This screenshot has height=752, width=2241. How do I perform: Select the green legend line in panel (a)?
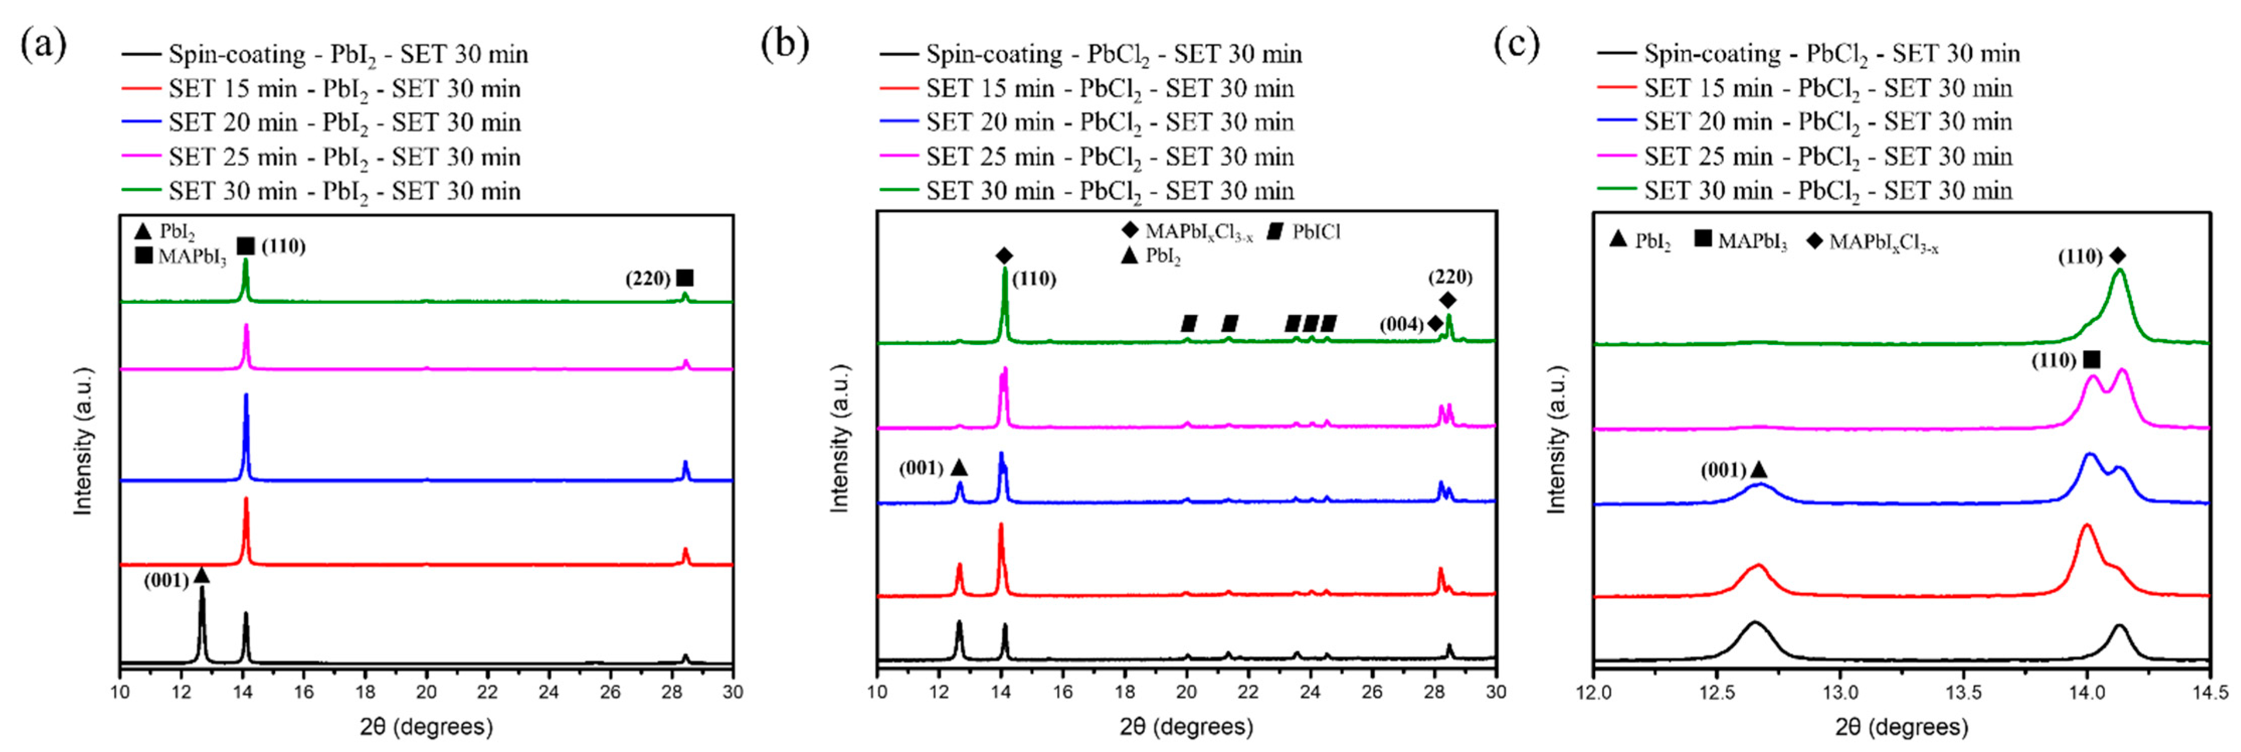pyautogui.click(x=140, y=190)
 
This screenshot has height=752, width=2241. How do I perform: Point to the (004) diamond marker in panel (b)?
pyautogui.click(x=1434, y=324)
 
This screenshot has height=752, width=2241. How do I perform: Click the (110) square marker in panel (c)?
pyautogui.click(x=2091, y=360)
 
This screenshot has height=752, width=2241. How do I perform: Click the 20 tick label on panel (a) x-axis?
pyautogui.click(x=426, y=693)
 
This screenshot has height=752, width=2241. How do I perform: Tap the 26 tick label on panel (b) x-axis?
pyautogui.click(x=1372, y=693)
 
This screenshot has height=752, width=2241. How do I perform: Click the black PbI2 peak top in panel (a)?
pyautogui.click(x=202, y=589)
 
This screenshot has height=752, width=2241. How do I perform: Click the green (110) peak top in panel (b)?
pyautogui.click(x=1005, y=269)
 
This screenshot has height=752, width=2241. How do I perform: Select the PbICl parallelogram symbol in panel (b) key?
pyautogui.click(x=1276, y=231)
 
